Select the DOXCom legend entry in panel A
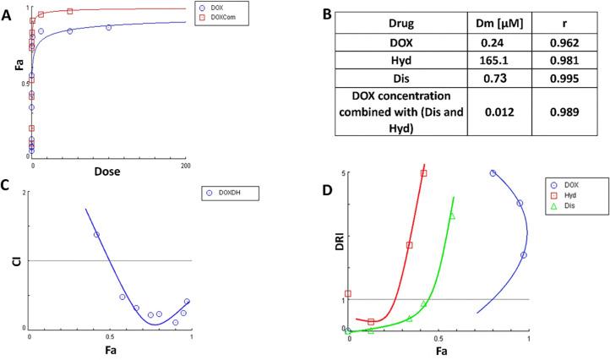click(x=223, y=17)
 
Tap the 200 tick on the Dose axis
click(x=185, y=166)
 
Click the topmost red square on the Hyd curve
click(x=423, y=173)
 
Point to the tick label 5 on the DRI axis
click(x=344, y=173)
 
